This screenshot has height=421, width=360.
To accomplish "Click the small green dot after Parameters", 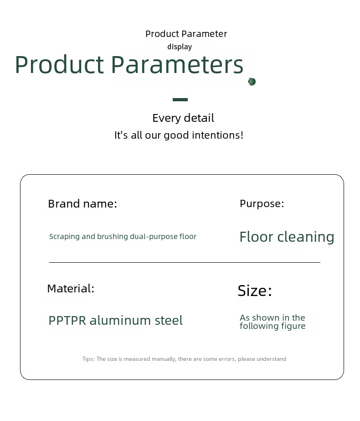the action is (x=252, y=82).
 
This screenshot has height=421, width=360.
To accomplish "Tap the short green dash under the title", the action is (x=180, y=99).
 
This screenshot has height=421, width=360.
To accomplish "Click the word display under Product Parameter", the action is (x=180, y=47).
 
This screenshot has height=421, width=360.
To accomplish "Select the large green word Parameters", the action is (x=177, y=65).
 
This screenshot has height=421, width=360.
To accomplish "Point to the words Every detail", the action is (x=183, y=118).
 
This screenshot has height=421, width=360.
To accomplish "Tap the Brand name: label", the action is (x=82, y=204).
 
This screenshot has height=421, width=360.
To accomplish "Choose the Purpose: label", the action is (x=262, y=204).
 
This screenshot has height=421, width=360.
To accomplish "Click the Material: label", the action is (x=71, y=289).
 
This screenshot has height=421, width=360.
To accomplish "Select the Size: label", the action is (x=255, y=291).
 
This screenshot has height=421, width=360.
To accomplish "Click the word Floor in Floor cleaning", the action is (x=256, y=237).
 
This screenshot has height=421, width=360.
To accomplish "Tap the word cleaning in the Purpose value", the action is (x=306, y=237).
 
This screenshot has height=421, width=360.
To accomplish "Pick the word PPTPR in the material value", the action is (x=67, y=321).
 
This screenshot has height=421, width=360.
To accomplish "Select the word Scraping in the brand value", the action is (x=64, y=237).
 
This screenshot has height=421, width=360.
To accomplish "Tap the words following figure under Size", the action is (x=273, y=326).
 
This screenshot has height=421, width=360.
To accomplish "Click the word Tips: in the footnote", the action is (x=88, y=359).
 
